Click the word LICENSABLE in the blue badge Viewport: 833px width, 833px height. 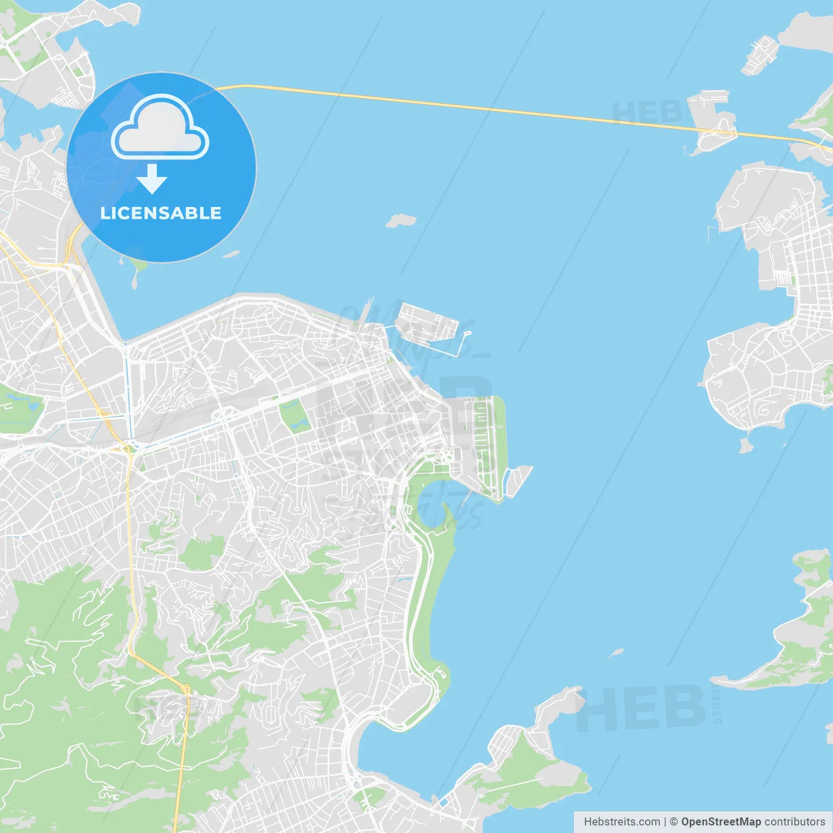[161, 213]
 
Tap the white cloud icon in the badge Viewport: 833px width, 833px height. [160, 128]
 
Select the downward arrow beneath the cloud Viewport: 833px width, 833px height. [152, 179]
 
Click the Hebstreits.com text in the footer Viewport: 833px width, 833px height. [621, 822]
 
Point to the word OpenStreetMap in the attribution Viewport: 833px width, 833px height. [720, 822]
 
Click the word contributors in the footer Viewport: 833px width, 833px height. [794, 822]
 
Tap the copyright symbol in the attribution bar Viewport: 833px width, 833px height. [674, 822]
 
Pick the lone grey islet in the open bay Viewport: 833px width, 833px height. [400, 221]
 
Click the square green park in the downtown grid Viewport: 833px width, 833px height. [295, 416]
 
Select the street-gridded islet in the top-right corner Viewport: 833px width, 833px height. [760, 53]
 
